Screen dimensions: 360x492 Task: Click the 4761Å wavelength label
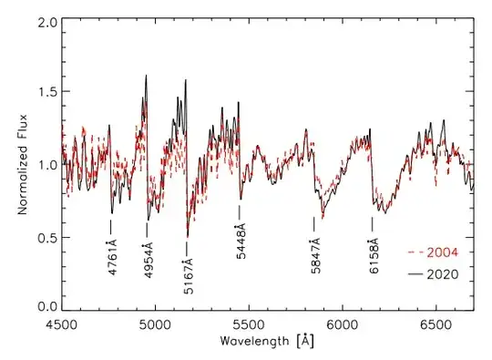click(x=111, y=257)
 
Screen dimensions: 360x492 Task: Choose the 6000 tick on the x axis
click(x=342, y=324)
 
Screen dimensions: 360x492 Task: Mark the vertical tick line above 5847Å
click(x=314, y=223)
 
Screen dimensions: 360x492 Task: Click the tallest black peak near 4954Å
click(x=146, y=77)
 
